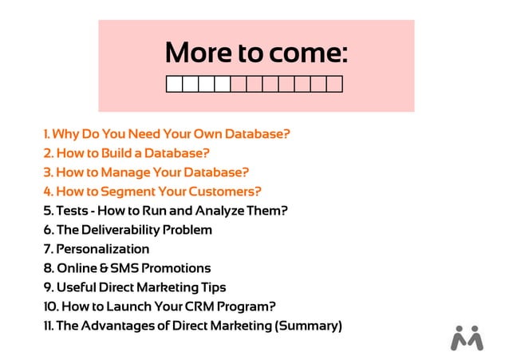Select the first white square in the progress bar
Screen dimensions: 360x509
click(x=174, y=84)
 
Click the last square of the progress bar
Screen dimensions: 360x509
click(x=335, y=84)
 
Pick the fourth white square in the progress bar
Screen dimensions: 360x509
click(x=223, y=84)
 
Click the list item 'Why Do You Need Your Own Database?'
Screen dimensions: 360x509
click(x=166, y=133)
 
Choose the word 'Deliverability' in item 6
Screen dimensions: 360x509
click(x=128, y=230)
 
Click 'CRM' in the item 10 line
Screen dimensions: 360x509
click(x=207, y=307)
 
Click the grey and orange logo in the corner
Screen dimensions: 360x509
click(x=467, y=338)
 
